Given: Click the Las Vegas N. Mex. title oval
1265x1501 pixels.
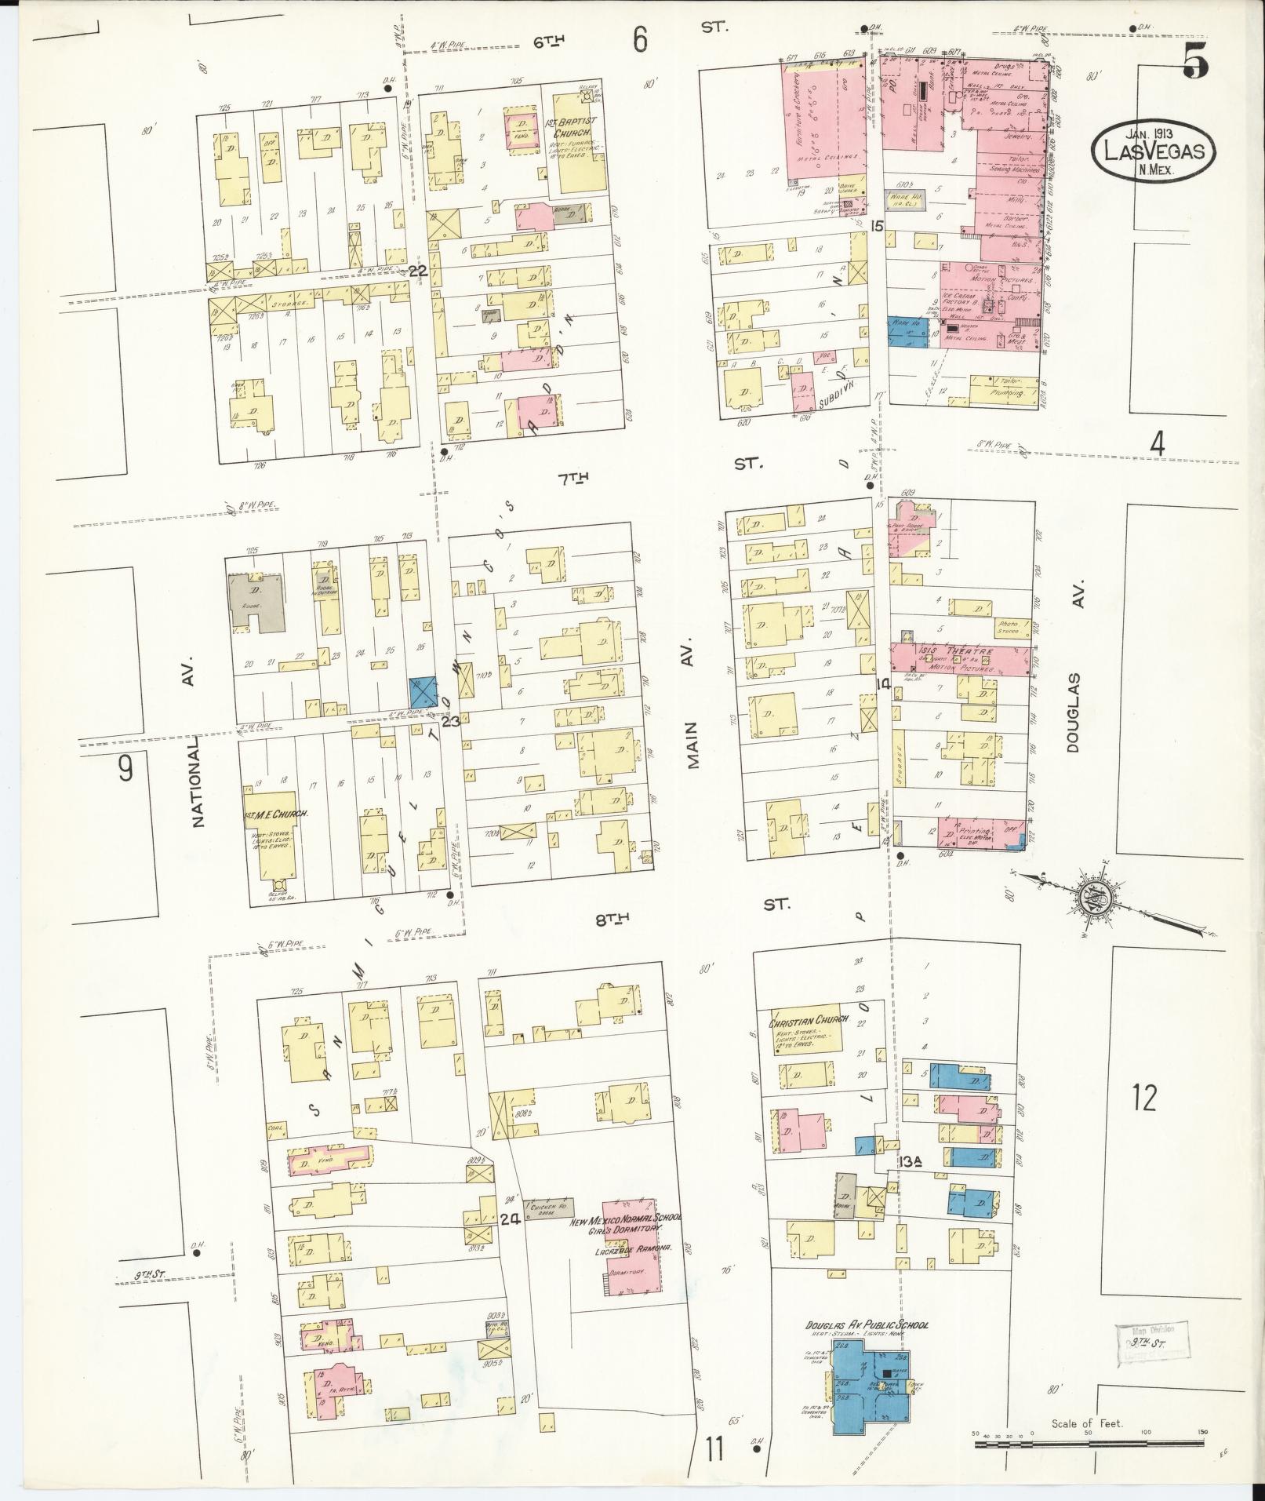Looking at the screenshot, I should pyautogui.click(x=1152, y=147).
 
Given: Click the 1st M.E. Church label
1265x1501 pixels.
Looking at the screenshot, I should pyautogui.click(x=275, y=814).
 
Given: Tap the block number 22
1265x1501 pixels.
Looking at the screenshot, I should pyautogui.click(x=417, y=270).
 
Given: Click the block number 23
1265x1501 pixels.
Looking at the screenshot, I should pyautogui.click(x=450, y=720).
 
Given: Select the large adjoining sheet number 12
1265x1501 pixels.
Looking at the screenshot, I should pyautogui.click(x=1144, y=1098).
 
